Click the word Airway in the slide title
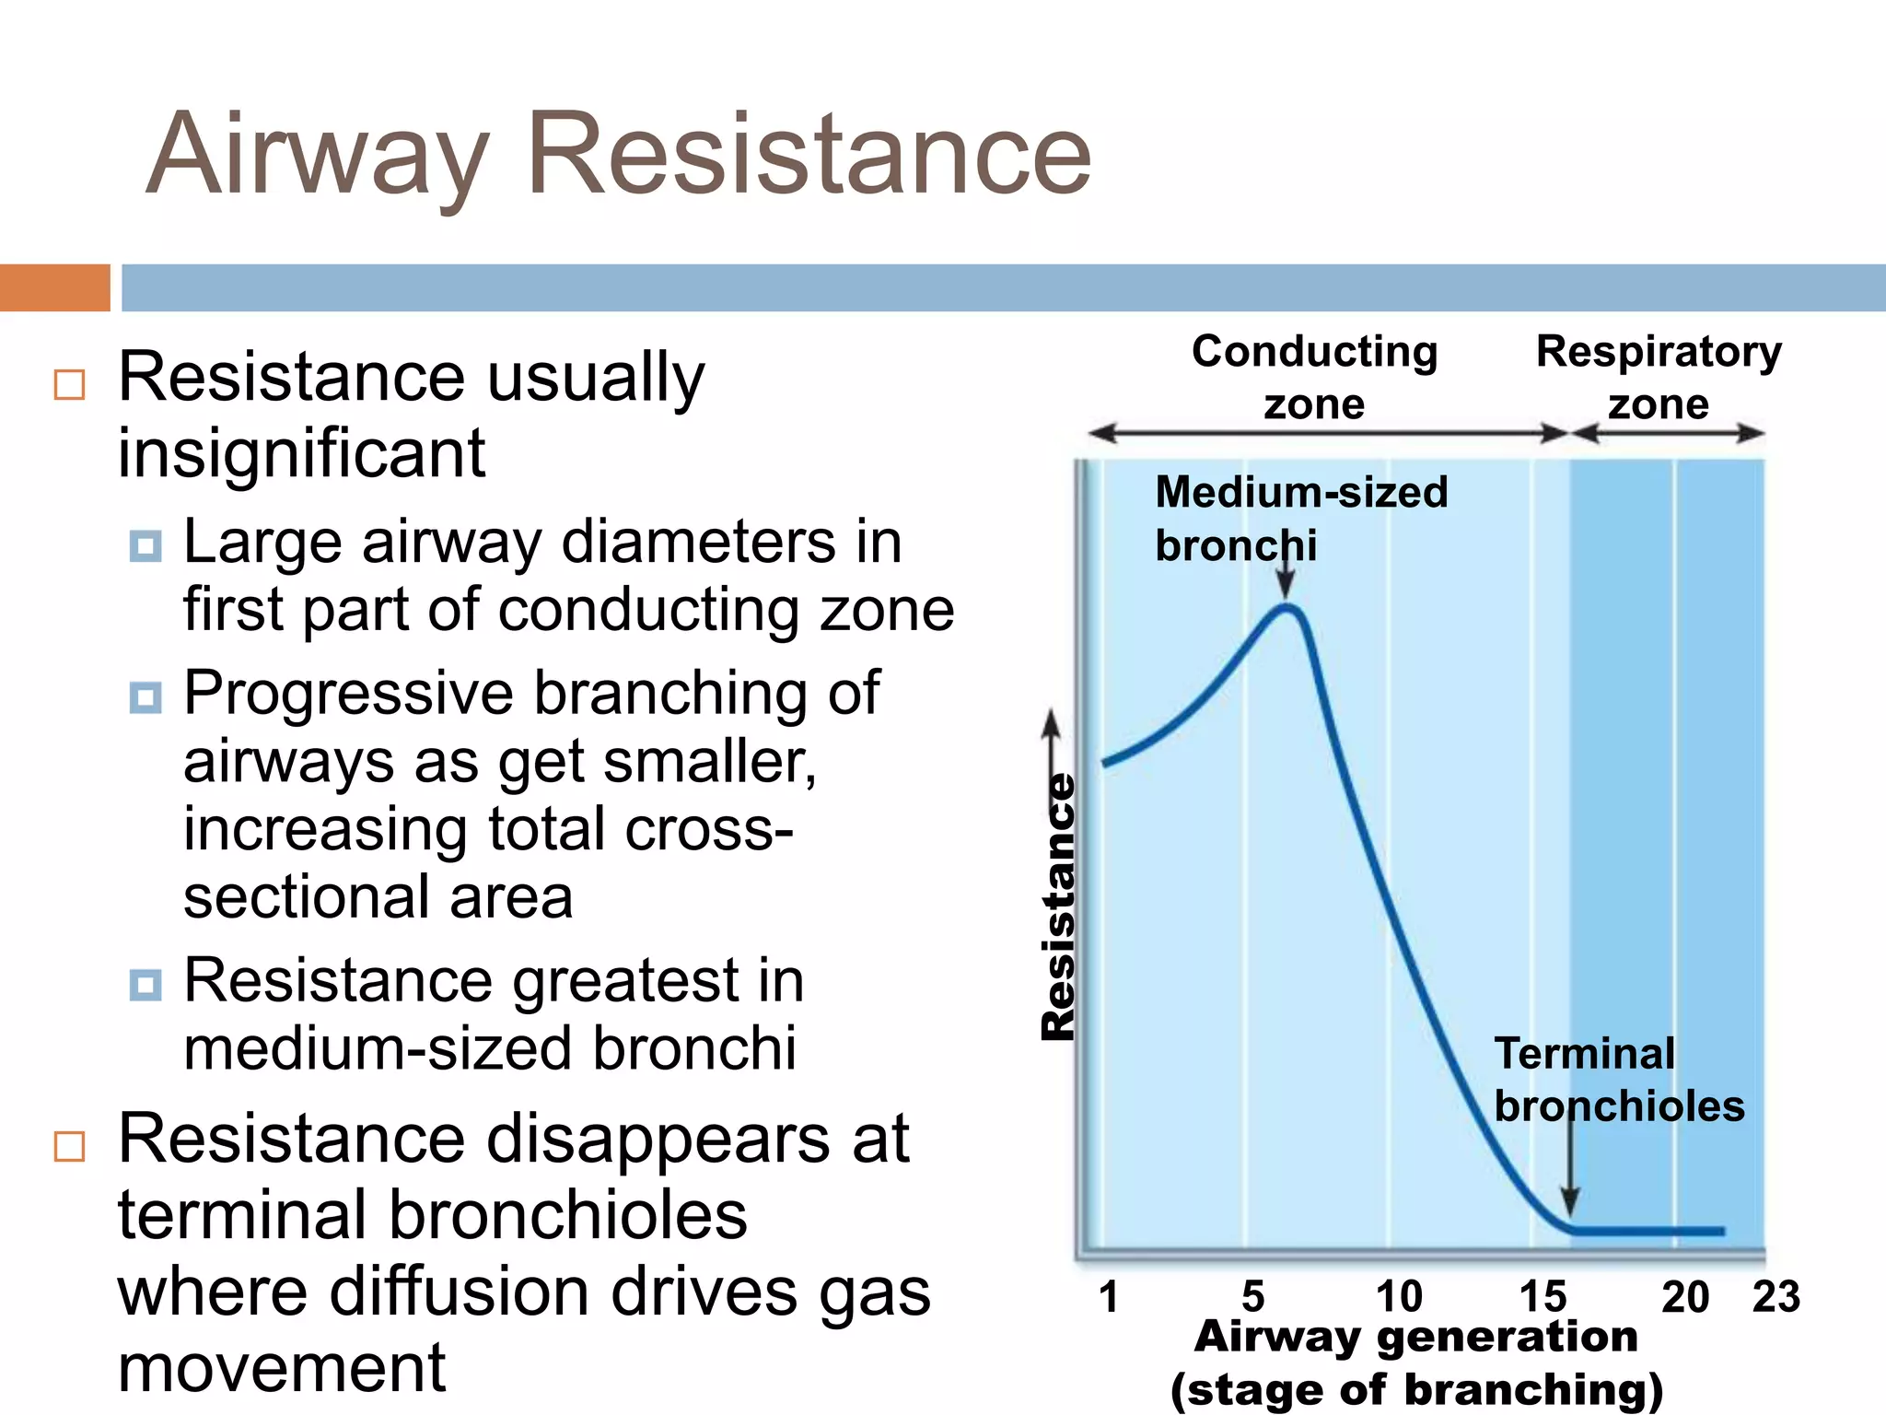click(318, 154)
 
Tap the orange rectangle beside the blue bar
click(54, 287)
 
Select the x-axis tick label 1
click(1109, 1297)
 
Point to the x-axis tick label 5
click(1252, 1297)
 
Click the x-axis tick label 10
click(1399, 1297)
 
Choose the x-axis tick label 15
click(1543, 1297)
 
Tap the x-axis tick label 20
click(1685, 1297)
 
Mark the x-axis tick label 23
click(1775, 1297)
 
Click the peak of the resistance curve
click(1287, 607)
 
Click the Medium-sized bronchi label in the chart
click(1300, 518)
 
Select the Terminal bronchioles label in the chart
click(1618, 1080)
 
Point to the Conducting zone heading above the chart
click(1314, 377)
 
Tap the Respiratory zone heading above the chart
click(1659, 377)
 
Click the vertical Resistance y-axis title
click(1059, 907)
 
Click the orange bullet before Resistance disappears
click(70, 1147)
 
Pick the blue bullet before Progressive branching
click(146, 697)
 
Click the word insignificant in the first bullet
click(301, 453)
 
